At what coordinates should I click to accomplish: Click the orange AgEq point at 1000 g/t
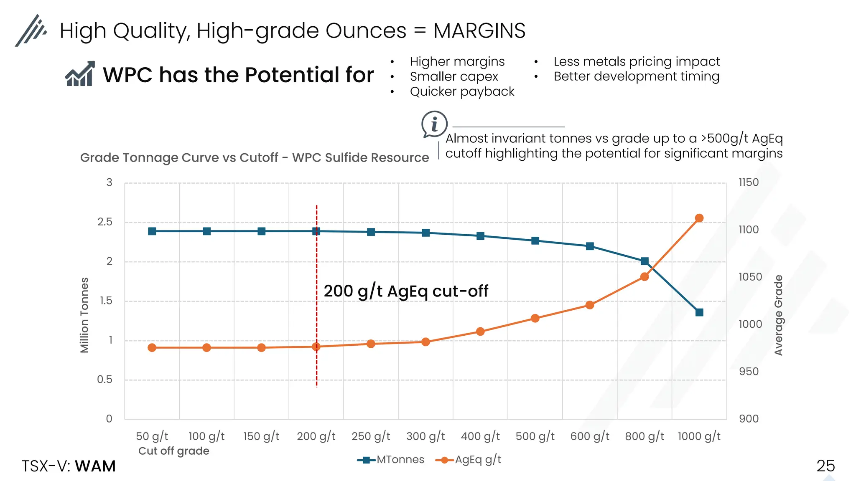coord(699,218)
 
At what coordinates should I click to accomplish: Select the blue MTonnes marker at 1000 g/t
coord(699,312)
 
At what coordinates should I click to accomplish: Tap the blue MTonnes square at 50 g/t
coord(152,231)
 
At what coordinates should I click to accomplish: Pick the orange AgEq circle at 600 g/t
coord(590,305)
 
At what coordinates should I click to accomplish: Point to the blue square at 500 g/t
coord(535,240)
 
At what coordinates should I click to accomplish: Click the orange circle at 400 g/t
coord(480,332)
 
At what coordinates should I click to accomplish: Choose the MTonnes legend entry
coord(391,460)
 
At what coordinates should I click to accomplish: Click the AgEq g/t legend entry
coord(469,460)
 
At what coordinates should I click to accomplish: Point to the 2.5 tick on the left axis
coord(105,222)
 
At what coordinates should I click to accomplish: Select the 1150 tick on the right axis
coord(749,182)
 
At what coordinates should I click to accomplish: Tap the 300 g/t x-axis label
coord(425,436)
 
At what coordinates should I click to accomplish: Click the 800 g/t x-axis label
coord(645,436)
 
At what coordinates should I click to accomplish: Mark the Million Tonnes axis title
coord(84,315)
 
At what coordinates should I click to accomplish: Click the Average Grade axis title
coord(778,315)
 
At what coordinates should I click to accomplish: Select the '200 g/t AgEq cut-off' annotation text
coord(406,291)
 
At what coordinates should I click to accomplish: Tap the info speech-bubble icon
coord(434,124)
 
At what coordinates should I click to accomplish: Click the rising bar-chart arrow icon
coord(80,74)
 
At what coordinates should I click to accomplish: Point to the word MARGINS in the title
coord(479,31)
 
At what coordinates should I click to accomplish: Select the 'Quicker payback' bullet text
coord(462,91)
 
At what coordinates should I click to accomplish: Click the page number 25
coord(825,466)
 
